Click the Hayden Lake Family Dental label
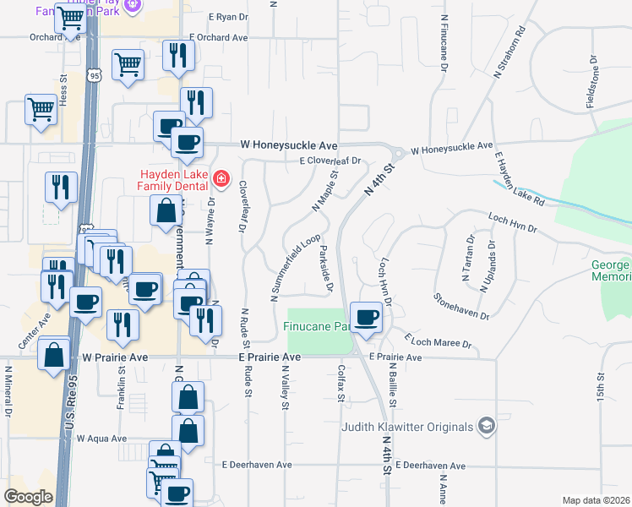(173, 179)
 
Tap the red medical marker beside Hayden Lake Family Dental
(221, 179)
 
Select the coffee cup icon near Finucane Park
(366, 318)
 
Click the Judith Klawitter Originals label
(407, 426)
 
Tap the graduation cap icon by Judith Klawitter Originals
(485, 426)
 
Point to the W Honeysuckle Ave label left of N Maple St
(288, 145)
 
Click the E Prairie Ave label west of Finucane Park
(269, 357)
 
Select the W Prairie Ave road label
(114, 357)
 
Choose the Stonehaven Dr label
(461, 307)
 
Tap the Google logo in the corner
(28, 497)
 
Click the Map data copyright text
(596, 500)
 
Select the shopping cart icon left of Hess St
(41, 109)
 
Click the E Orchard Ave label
(218, 38)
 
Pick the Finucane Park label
(319, 325)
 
